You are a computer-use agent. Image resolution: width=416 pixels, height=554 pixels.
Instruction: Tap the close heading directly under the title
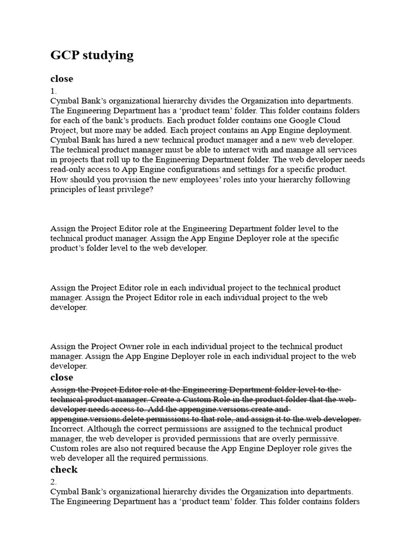coord(61,79)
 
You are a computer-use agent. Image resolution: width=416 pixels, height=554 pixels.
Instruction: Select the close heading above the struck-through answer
coord(61,378)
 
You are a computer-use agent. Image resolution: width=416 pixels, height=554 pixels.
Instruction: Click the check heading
coord(63,470)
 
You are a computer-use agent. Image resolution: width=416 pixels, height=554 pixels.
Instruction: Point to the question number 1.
coord(53,91)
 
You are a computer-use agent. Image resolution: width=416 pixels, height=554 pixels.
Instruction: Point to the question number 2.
coord(53,482)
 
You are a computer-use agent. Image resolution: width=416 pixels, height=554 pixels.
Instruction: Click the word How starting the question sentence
coord(59,180)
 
